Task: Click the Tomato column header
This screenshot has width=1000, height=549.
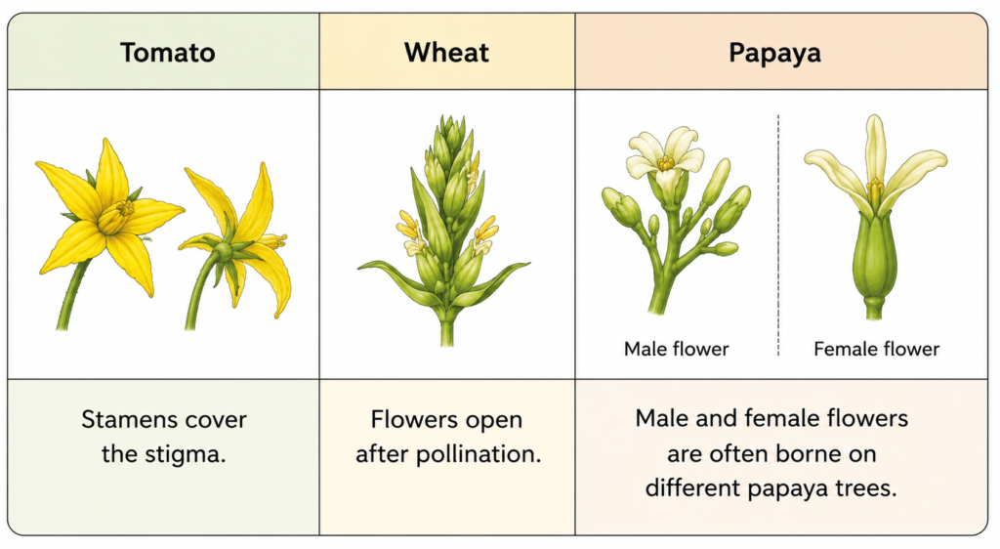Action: click(168, 53)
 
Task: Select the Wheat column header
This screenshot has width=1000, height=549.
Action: click(446, 53)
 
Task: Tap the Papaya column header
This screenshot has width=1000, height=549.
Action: click(774, 54)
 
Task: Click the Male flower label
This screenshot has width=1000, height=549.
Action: click(676, 349)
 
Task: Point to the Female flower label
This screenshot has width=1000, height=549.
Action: click(876, 349)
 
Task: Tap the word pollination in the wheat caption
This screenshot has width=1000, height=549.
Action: click(479, 454)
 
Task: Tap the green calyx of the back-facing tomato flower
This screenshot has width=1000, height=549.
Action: click(224, 251)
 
